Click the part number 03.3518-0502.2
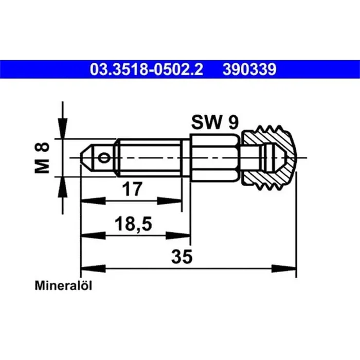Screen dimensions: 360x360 (x=147, y=69)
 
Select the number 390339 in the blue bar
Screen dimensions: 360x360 (x=249, y=69)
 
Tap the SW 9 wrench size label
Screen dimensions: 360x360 (x=215, y=122)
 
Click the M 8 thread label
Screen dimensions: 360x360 (x=42, y=158)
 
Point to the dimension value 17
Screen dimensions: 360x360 (x=132, y=189)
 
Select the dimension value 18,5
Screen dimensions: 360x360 (x=133, y=224)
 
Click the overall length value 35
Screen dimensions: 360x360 (x=182, y=257)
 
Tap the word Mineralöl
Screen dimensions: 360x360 (x=63, y=286)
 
